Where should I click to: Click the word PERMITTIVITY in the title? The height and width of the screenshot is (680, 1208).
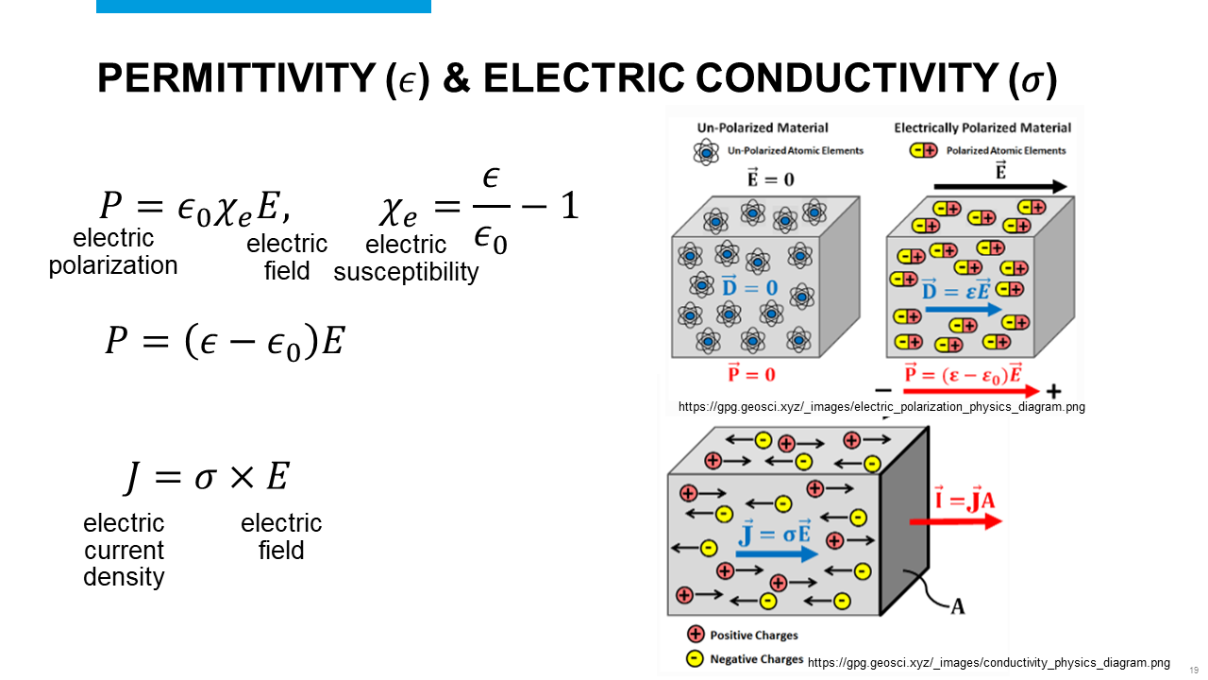236,79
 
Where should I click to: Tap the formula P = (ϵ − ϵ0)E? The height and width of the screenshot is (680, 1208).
225,340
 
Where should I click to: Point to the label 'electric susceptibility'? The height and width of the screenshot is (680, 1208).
406,259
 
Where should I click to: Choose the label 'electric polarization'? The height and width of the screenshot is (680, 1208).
113,252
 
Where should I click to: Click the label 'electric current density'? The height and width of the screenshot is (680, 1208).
124,550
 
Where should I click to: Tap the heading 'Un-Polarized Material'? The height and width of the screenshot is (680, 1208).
763,127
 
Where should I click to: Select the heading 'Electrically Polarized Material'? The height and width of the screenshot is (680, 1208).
982,127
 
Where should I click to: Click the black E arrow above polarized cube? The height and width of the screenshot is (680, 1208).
1000,187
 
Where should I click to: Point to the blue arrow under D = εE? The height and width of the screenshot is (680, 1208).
963,309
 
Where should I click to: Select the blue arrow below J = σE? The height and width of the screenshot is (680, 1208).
777,554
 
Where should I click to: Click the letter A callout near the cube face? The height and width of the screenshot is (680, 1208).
957,606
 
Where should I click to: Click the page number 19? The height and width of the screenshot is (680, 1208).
1194,670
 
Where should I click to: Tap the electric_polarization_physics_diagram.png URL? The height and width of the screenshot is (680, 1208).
881,407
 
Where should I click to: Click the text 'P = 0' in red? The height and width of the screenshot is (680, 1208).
752,374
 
